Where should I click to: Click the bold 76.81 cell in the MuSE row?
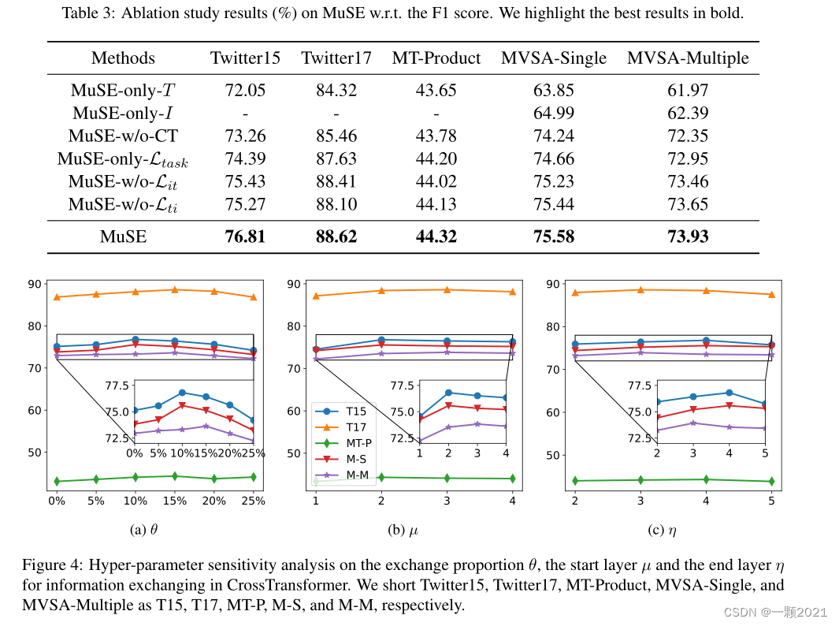[x=246, y=236]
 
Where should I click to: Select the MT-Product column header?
[x=436, y=58]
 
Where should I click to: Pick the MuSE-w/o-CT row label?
[x=123, y=135]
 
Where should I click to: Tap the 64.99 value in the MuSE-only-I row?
[x=554, y=113]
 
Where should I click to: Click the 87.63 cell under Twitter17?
[x=336, y=158]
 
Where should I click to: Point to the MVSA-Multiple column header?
[x=688, y=58]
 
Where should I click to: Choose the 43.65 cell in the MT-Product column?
[x=436, y=90]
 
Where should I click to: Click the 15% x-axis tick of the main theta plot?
[x=174, y=501]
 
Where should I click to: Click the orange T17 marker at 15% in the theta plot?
[x=174, y=289]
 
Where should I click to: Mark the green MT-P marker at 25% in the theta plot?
[x=253, y=477]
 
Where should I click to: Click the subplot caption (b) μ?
[x=403, y=531]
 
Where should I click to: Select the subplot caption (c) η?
[x=662, y=531]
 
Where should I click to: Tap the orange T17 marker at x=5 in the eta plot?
[x=771, y=294]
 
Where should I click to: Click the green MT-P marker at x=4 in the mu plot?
[x=512, y=479]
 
